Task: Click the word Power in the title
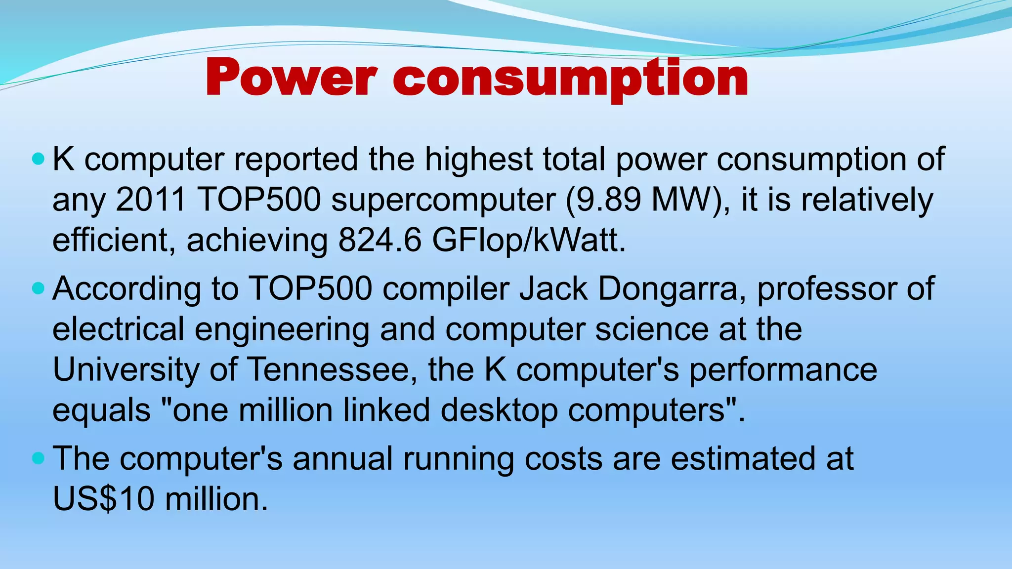291,79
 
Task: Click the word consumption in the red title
571,79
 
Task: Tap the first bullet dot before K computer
38,159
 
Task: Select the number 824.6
379,241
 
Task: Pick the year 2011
151,200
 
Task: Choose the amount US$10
104,499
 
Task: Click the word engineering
282,330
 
